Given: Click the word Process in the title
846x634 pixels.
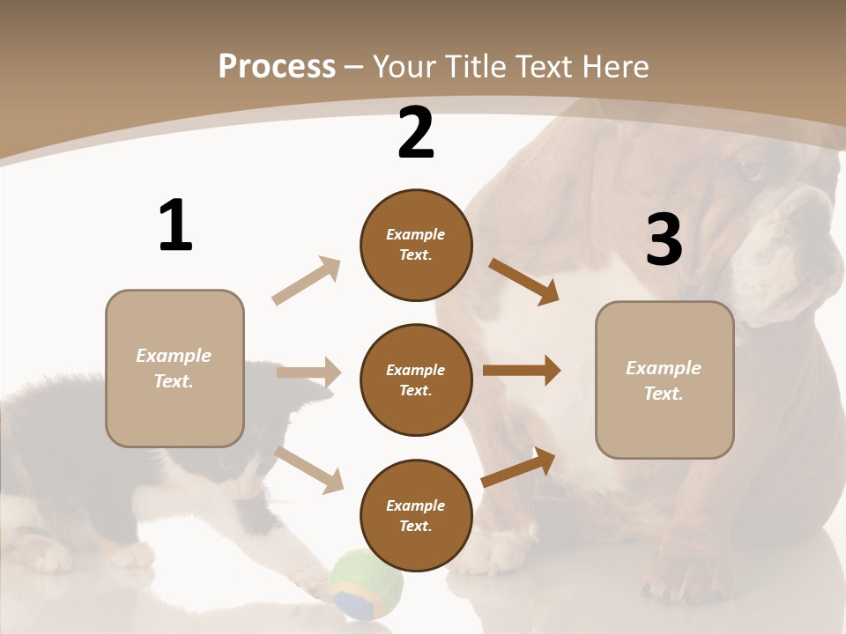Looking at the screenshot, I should [277, 66].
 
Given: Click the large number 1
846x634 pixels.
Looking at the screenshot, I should [175, 225].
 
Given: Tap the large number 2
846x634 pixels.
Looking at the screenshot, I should [416, 133].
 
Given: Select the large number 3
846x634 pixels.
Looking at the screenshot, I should [664, 240].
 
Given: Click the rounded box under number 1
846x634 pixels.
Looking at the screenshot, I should [174, 368].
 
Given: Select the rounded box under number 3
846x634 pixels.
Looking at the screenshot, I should [664, 380].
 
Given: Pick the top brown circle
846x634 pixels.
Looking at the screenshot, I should [416, 245].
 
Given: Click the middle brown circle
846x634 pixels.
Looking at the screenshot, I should [416, 380].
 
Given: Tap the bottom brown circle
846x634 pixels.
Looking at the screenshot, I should [416, 515].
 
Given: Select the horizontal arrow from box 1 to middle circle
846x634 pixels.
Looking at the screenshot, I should [308, 372].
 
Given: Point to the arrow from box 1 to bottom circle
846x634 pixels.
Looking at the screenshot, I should [308, 468].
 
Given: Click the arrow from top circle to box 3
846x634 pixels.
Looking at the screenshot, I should [523, 281].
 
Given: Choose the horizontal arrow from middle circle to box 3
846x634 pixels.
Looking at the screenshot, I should [521, 371].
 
